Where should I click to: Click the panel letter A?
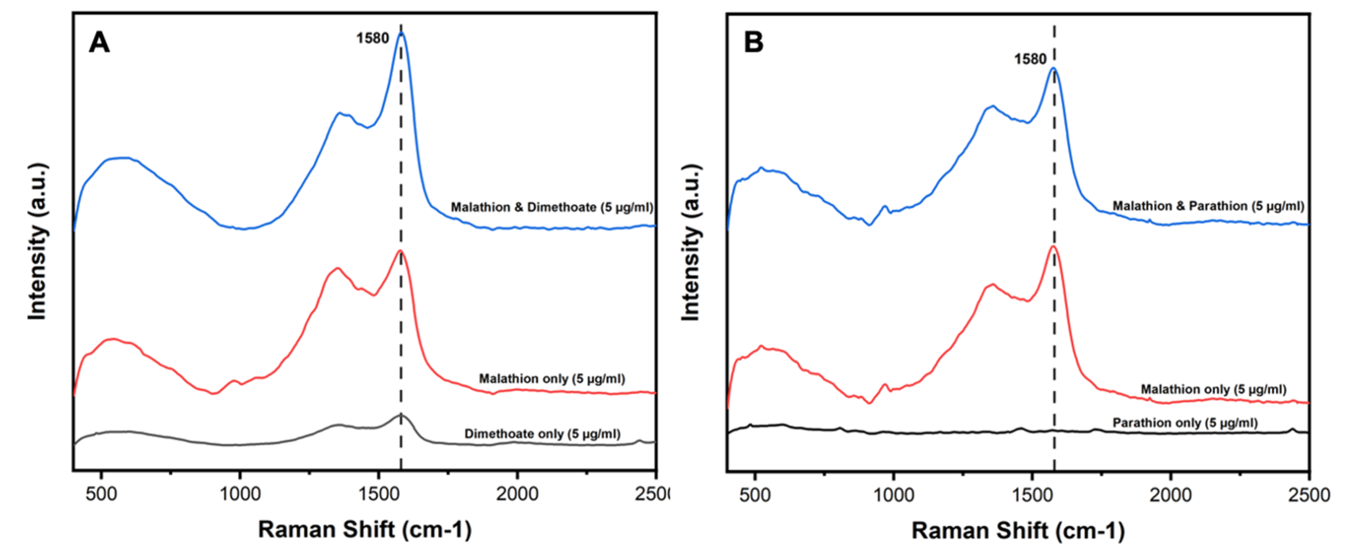99,42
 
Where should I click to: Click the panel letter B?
753,42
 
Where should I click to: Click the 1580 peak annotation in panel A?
372,38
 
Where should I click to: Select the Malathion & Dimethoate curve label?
552,207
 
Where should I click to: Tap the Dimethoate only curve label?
542,434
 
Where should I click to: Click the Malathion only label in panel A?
552,379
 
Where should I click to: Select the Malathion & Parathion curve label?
1208,206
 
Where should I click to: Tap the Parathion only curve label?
1185,423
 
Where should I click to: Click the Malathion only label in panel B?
1213,389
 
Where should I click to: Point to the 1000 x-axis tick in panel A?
239,493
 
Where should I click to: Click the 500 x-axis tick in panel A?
101,493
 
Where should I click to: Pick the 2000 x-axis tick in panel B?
1170,495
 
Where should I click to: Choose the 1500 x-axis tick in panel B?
1032,495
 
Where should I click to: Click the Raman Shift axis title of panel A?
364,529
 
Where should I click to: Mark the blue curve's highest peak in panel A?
401,33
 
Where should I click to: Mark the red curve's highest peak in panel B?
1053,246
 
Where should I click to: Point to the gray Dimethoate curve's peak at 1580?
401,414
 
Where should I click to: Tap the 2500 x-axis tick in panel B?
1308,495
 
